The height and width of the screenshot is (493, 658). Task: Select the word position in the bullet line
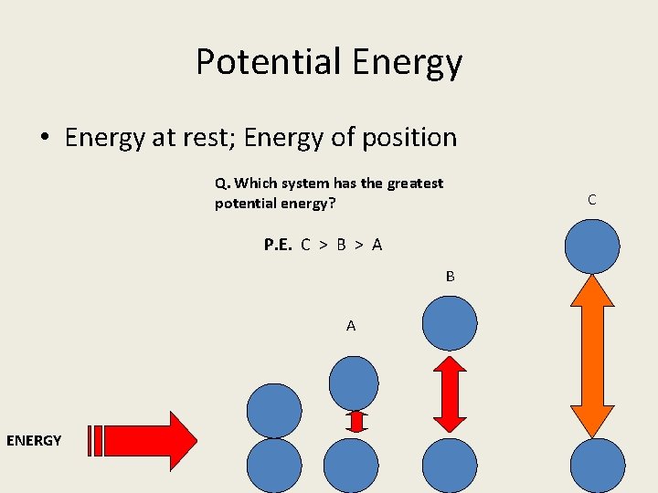pos(409,138)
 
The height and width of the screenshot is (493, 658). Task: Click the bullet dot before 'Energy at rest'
pos(44,140)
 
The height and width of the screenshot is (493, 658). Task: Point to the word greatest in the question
pos(415,183)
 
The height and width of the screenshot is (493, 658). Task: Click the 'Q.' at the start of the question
pos(221,183)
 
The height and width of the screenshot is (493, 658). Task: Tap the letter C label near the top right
pos(592,199)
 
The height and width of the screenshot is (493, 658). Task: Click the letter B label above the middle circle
pos(450,276)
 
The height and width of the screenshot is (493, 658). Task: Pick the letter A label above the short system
pos(351,326)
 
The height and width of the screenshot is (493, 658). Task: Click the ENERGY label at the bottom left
pos(34,441)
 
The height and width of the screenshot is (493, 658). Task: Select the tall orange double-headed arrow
pos(592,356)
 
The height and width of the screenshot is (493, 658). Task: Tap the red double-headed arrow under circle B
pos(450,393)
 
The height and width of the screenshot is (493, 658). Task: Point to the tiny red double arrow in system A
pos(356,421)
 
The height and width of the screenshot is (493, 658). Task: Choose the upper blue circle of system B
pos(450,323)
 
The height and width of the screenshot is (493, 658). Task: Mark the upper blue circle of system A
pos(353,382)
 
